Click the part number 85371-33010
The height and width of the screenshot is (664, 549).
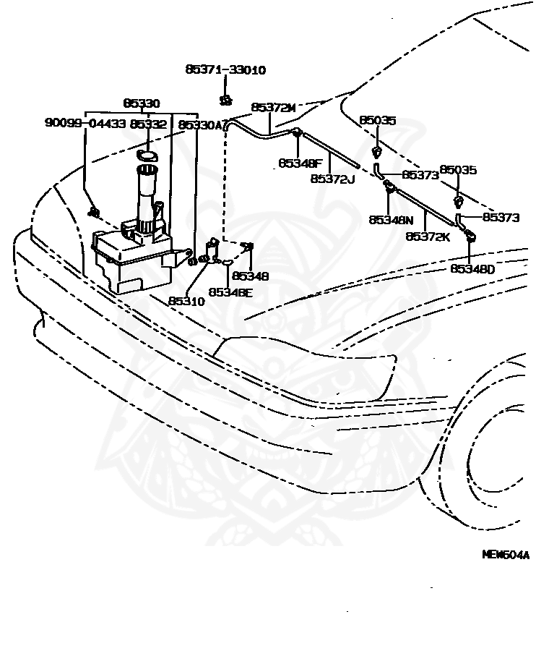(225, 69)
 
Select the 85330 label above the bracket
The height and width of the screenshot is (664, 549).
(142, 103)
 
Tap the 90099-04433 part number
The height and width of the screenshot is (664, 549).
(85, 123)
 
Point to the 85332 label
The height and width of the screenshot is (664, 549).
(149, 124)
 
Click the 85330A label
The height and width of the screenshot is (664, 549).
(200, 125)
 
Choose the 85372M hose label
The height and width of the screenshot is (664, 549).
(273, 108)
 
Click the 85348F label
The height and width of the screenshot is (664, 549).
(301, 163)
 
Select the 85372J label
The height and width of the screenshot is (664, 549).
(333, 179)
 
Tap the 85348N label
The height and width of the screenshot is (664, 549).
(392, 220)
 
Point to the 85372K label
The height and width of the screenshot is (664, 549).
(428, 237)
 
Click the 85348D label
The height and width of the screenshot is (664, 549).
(472, 269)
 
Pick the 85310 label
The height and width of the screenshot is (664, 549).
(186, 301)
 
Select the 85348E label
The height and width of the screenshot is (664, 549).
(230, 292)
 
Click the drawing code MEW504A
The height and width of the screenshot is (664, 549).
(506, 555)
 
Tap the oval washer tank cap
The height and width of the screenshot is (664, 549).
(147, 156)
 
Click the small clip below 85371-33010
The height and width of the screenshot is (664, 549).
(226, 101)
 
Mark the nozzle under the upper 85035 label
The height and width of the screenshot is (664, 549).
(376, 152)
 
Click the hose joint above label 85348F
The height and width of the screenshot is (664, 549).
(297, 132)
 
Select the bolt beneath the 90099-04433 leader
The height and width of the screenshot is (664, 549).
(94, 212)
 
